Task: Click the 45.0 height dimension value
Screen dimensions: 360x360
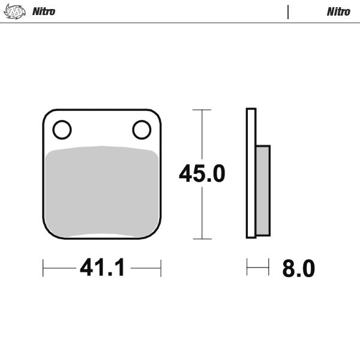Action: (202, 173)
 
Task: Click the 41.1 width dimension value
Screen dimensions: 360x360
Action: (102, 268)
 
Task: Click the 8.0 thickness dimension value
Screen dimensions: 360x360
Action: (298, 268)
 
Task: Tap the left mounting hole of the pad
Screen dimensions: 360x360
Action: (62, 129)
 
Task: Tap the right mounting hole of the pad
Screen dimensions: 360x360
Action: (142, 129)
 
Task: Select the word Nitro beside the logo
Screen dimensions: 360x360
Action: (43, 11)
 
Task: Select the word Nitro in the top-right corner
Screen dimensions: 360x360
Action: (338, 11)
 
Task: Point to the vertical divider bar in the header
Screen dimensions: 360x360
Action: (288, 11)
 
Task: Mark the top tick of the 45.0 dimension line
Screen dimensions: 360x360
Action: (202, 110)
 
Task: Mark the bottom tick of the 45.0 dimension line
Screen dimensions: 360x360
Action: (202, 239)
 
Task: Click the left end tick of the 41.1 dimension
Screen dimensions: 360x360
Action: (43, 268)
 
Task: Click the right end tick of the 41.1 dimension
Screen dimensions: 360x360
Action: (161, 268)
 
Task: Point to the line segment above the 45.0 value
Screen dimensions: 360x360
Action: (202, 135)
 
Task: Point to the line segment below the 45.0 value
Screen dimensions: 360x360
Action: (202, 213)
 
